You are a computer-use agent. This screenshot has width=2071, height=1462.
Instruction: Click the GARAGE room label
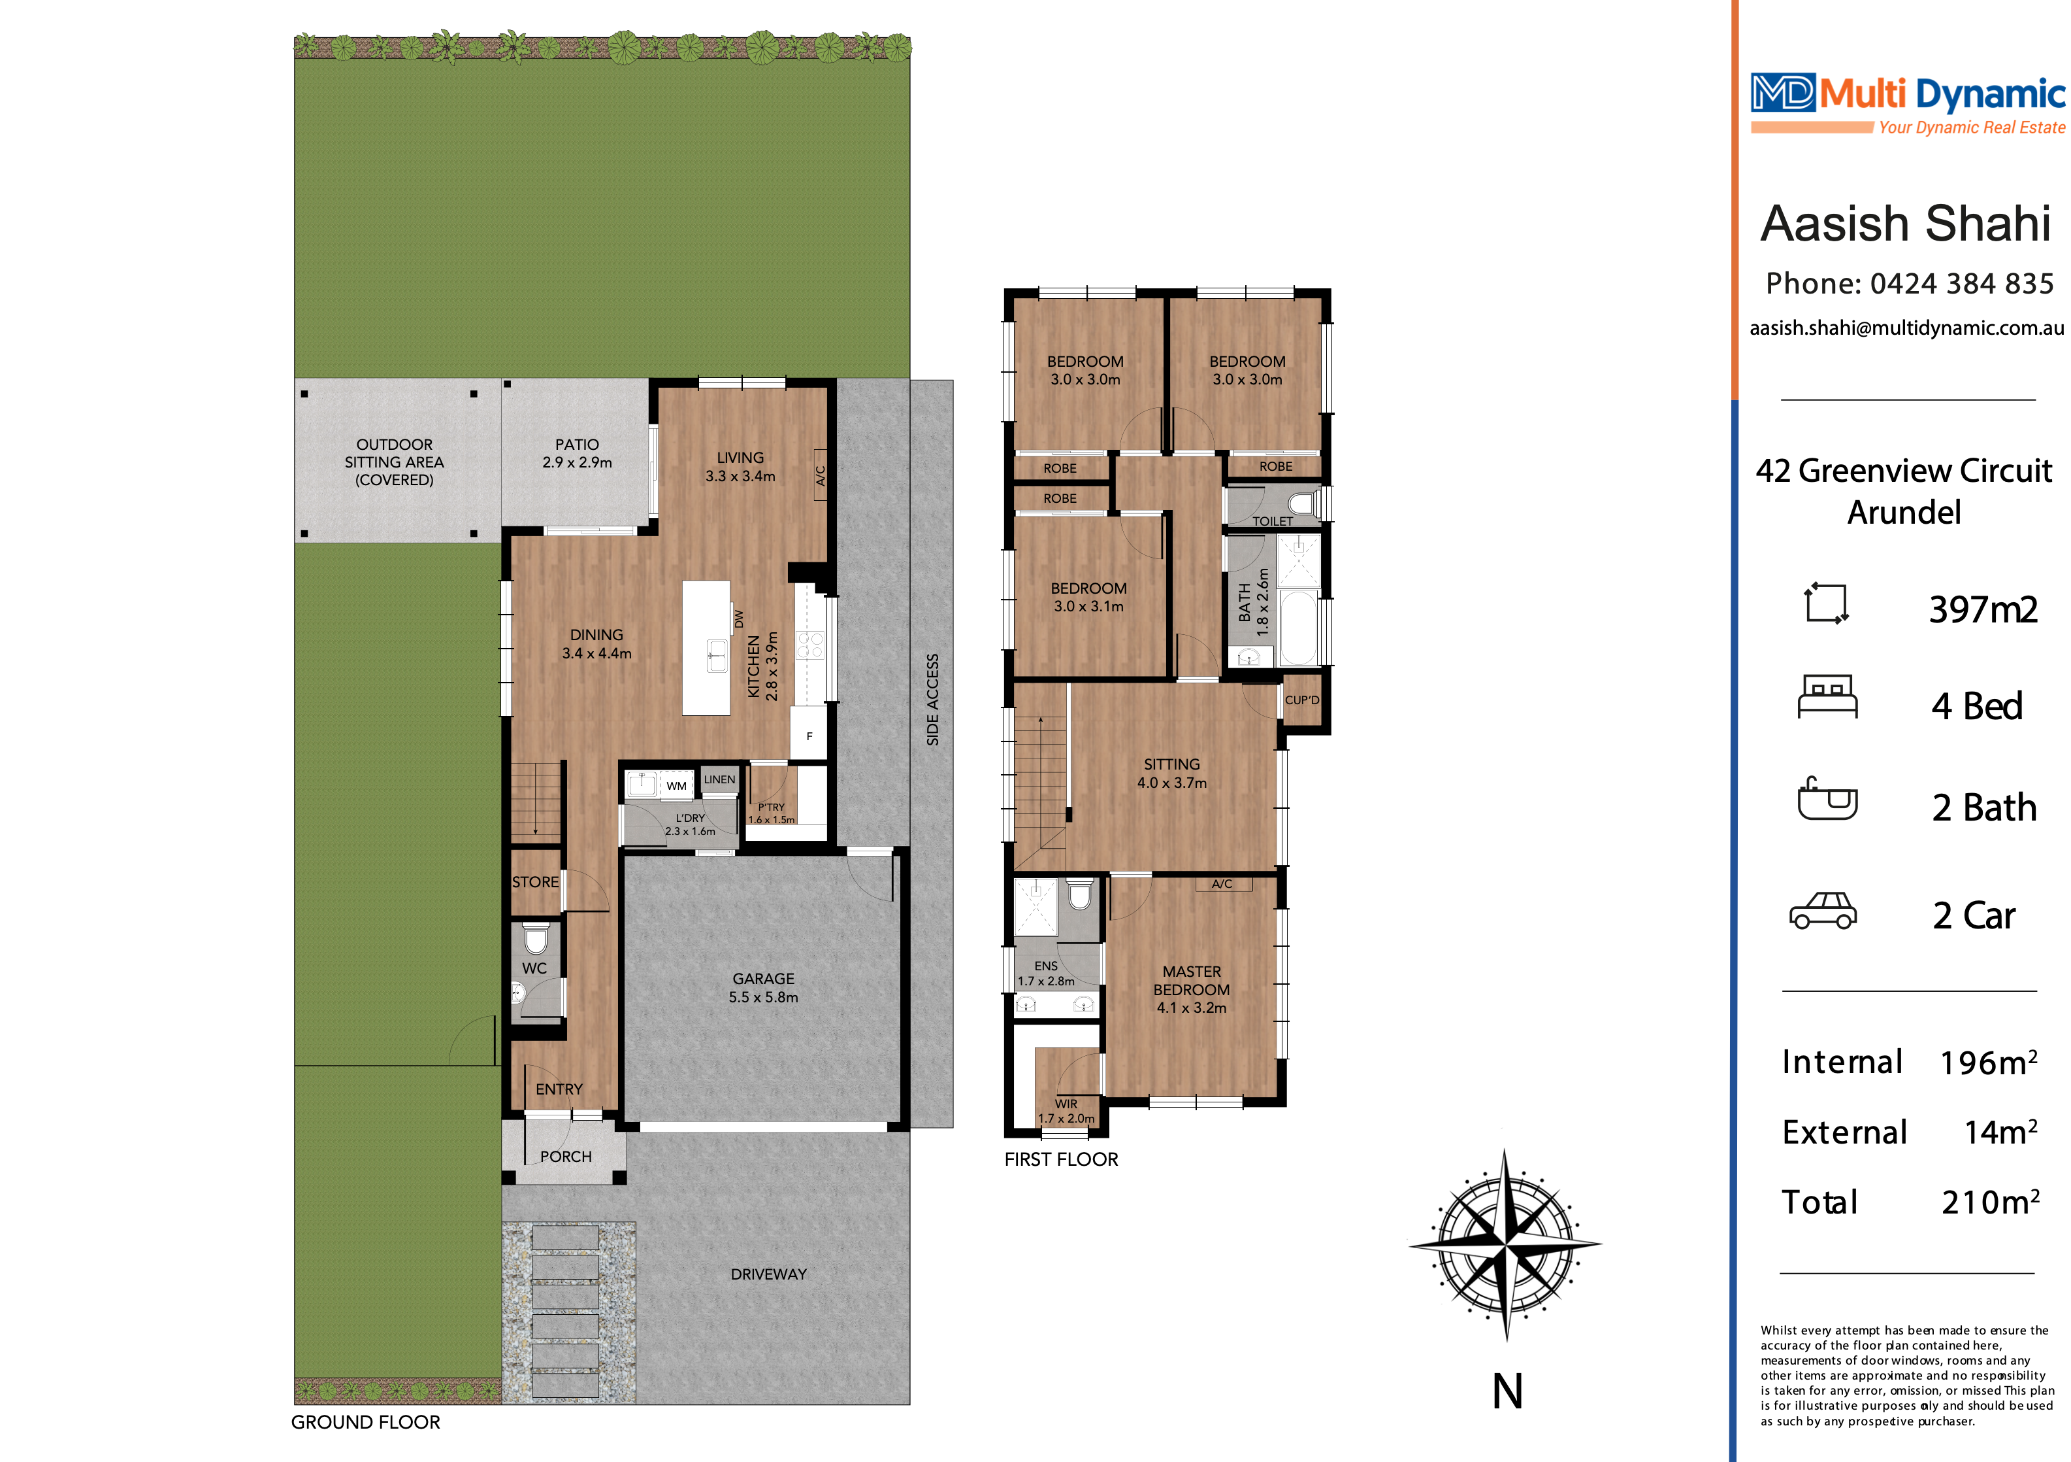[x=763, y=987]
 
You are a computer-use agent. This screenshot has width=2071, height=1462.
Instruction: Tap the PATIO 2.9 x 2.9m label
[x=578, y=453]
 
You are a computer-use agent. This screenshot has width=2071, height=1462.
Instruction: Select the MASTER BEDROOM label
[x=1192, y=989]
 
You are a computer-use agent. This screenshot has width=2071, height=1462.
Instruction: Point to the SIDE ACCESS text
[x=933, y=700]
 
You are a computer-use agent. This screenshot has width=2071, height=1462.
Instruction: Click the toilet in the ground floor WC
[x=536, y=938]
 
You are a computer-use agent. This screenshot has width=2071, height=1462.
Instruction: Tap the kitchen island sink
[x=717, y=655]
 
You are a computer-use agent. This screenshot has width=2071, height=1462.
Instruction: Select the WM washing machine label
[x=676, y=785]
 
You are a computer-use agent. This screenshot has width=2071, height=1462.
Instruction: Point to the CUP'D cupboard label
[x=1301, y=700]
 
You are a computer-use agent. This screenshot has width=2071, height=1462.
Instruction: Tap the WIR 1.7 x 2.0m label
[x=1066, y=1111]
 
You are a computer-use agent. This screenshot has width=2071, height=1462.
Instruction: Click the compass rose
[x=1505, y=1244]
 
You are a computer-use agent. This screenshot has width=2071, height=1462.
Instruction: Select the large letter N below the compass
[x=1507, y=1391]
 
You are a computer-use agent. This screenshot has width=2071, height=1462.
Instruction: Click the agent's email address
[x=1907, y=328]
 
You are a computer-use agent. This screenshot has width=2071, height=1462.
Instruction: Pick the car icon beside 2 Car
[x=1823, y=911]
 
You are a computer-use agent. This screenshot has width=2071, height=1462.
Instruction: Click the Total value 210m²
[x=1990, y=1201]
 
